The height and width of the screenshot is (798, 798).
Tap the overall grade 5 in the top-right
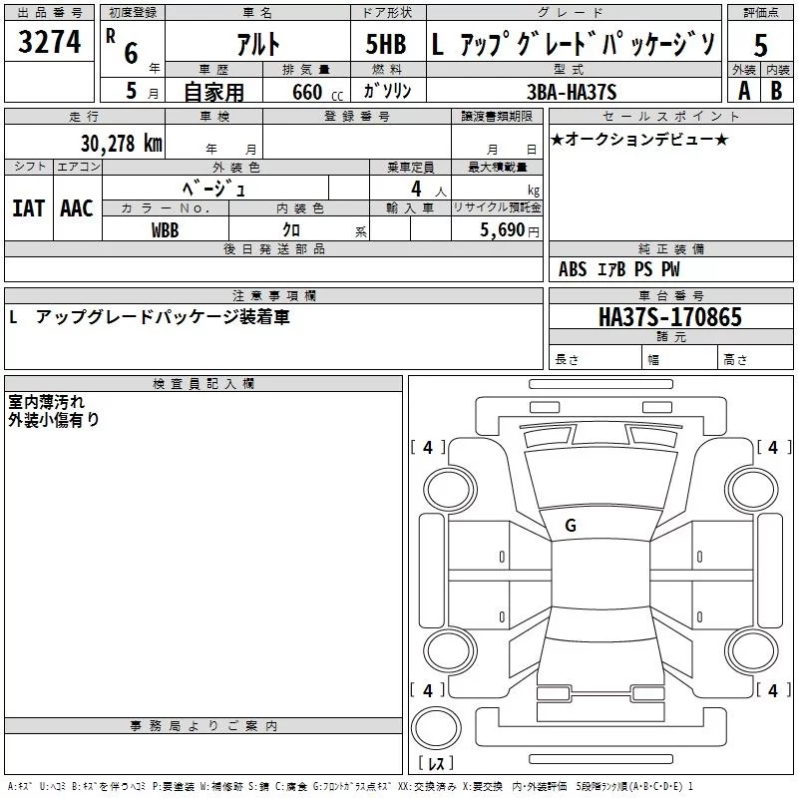[760, 46]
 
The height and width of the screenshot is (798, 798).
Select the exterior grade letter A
[743, 91]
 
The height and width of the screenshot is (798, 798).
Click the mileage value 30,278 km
[121, 143]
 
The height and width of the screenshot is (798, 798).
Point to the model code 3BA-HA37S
[572, 92]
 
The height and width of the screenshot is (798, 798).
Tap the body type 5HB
[386, 45]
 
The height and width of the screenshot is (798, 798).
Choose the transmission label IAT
[28, 208]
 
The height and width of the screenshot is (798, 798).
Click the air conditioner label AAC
[76, 208]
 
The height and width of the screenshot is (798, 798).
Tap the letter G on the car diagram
[571, 526]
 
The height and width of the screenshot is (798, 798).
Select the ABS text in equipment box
[573, 269]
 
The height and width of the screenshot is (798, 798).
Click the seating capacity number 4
[415, 188]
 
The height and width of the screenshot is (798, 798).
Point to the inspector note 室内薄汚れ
[46, 401]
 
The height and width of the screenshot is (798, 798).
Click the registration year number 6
[131, 53]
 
